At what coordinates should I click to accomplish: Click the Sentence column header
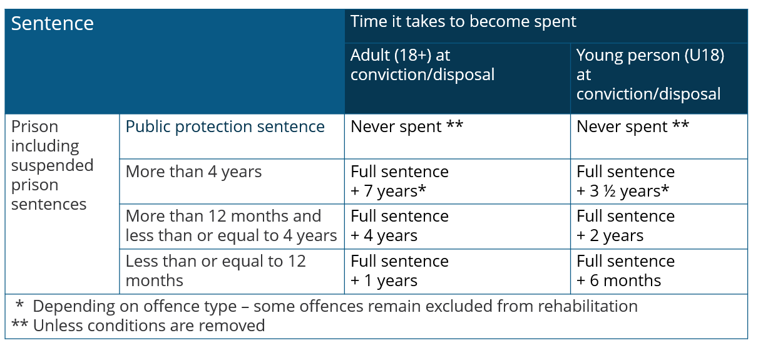53,24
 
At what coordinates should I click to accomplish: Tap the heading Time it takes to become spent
463,22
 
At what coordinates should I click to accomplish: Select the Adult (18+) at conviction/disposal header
423,65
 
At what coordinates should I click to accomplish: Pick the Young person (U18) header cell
650,75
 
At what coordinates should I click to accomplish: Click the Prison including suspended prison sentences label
52,165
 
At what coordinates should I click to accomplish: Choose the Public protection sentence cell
225,127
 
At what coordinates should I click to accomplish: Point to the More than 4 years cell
194,172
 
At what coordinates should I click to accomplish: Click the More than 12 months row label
231,226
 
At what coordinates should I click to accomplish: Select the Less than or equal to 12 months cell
216,270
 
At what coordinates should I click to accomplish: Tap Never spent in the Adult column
407,127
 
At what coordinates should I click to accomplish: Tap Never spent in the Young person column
633,127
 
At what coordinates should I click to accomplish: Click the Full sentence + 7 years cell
400,181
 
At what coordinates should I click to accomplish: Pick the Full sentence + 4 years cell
400,226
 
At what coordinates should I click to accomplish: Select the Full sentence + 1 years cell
400,270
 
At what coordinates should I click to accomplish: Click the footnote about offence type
325,306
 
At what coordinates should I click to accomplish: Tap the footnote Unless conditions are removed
139,326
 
